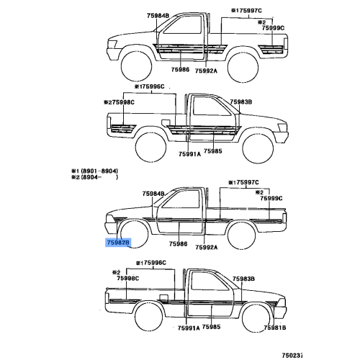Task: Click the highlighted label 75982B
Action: pos(118,243)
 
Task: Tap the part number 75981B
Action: pos(275,328)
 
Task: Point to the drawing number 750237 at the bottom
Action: pos(292,355)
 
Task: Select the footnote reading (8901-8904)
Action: pos(99,171)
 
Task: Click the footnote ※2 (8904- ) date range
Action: pos(95,177)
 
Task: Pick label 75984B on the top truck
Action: pos(158,16)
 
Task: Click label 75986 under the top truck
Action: pos(180,70)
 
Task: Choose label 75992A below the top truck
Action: pos(206,71)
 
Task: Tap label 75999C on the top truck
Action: pos(273,28)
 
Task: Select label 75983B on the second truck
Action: pos(241,102)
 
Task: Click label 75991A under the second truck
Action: pos(189,154)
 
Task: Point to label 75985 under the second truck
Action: pos(213,151)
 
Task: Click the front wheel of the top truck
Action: pos(136,66)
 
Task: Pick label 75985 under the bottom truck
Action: pos(211,327)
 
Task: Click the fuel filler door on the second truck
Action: pos(166,122)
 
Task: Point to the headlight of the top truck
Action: pos(112,44)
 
